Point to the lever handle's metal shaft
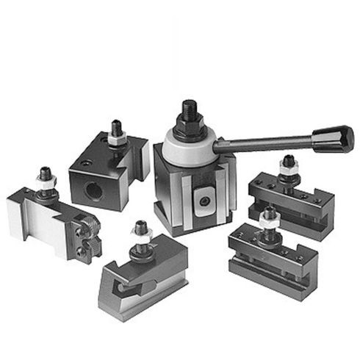click(x=264, y=143)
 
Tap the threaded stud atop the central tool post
click(x=190, y=109)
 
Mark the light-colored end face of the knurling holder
click(x=22, y=217)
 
